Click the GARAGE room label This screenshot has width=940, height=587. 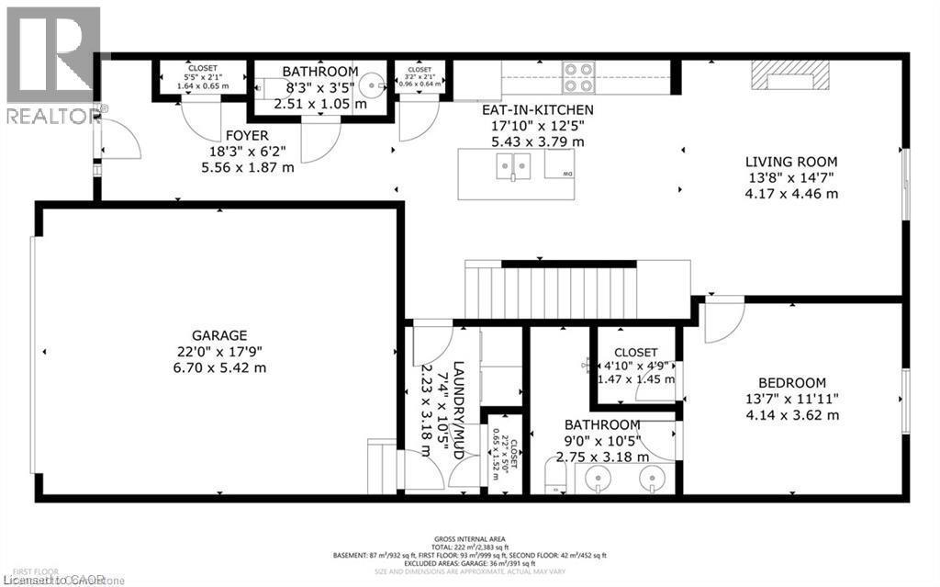coord(219,335)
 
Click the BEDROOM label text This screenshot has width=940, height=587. coord(791,383)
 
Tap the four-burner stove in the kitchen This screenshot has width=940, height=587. coord(578,77)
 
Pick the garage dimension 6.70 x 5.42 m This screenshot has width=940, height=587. coord(219,367)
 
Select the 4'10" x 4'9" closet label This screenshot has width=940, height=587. coord(635,352)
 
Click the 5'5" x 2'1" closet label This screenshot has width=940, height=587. coord(203,68)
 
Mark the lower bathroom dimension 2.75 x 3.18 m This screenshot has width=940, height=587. coord(602,457)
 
